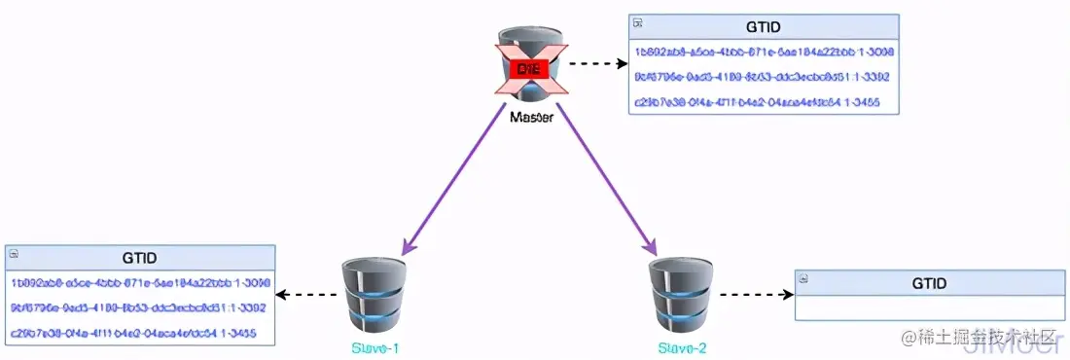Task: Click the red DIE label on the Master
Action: point(530,68)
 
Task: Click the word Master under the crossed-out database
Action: point(531,118)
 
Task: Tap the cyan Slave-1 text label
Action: point(374,347)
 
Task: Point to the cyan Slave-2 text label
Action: point(682,347)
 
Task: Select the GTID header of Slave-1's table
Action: point(140,258)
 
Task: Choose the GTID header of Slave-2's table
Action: point(930,283)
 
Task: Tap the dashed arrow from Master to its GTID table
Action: point(596,64)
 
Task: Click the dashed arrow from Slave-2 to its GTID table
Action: point(753,294)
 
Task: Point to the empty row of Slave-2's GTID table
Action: point(930,307)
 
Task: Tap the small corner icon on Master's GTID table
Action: point(638,21)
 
